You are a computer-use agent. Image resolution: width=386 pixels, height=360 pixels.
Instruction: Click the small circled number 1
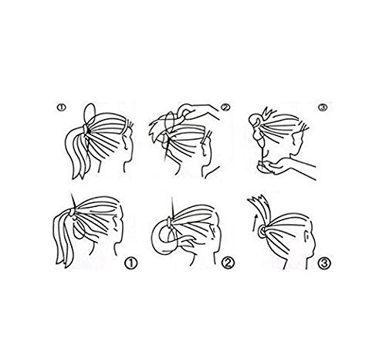tap(61, 107)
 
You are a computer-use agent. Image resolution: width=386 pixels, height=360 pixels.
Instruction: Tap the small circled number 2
tap(225, 107)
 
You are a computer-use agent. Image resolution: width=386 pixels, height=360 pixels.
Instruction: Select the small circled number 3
tap(323, 107)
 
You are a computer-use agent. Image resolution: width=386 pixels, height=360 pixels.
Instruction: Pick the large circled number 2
tap(229, 263)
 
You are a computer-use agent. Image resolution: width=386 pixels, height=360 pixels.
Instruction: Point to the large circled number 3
tap(324, 263)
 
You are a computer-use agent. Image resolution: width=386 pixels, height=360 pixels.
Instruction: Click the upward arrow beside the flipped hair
tap(255, 222)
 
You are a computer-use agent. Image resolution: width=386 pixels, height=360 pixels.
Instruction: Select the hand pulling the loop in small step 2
tap(198, 111)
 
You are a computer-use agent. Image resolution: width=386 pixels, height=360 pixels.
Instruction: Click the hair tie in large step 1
tap(71, 212)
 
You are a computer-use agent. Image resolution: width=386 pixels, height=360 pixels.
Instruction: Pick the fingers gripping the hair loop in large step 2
tap(184, 241)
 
